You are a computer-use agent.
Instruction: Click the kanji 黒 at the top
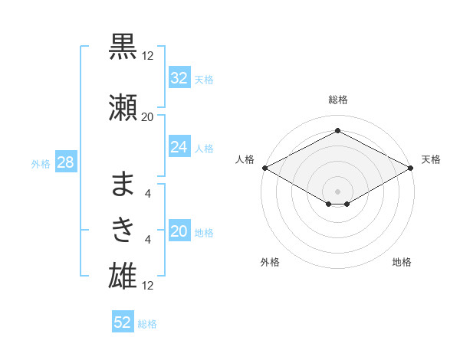(x=123, y=45)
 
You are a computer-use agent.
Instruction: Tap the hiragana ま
(x=123, y=185)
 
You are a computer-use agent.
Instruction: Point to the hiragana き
(x=123, y=229)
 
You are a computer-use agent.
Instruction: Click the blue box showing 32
(x=179, y=78)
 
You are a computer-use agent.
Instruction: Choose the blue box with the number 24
(x=179, y=146)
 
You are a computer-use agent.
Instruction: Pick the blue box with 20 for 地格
(x=179, y=232)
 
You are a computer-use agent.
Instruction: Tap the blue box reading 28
(x=64, y=162)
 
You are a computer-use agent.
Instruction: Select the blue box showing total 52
(x=122, y=322)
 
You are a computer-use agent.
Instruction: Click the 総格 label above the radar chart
(x=337, y=100)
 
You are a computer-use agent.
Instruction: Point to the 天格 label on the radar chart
(x=431, y=159)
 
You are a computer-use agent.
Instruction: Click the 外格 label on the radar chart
(x=270, y=262)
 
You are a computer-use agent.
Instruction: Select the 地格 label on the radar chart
(x=402, y=262)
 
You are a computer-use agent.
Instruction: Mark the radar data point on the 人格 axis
(x=264, y=168)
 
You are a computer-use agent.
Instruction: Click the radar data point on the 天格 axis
(x=411, y=168)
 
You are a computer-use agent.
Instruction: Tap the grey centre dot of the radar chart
(x=337, y=190)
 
